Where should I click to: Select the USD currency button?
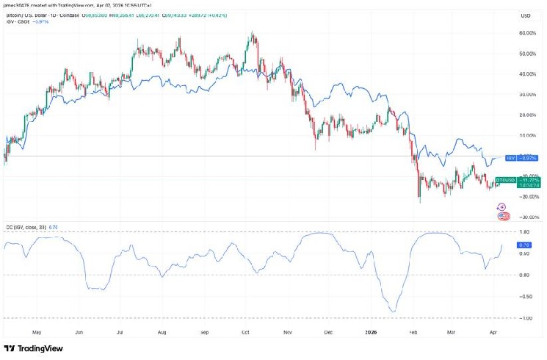click(x=526, y=15)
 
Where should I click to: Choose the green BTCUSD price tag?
click(x=518, y=182)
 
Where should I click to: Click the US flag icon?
click(x=503, y=216)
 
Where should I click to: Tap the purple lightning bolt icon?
click(x=503, y=207)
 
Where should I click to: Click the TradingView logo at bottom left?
click(x=33, y=349)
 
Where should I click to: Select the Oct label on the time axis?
click(x=246, y=332)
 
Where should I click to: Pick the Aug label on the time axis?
click(x=161, y=332)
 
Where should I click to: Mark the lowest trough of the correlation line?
click(x=393, y=312)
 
